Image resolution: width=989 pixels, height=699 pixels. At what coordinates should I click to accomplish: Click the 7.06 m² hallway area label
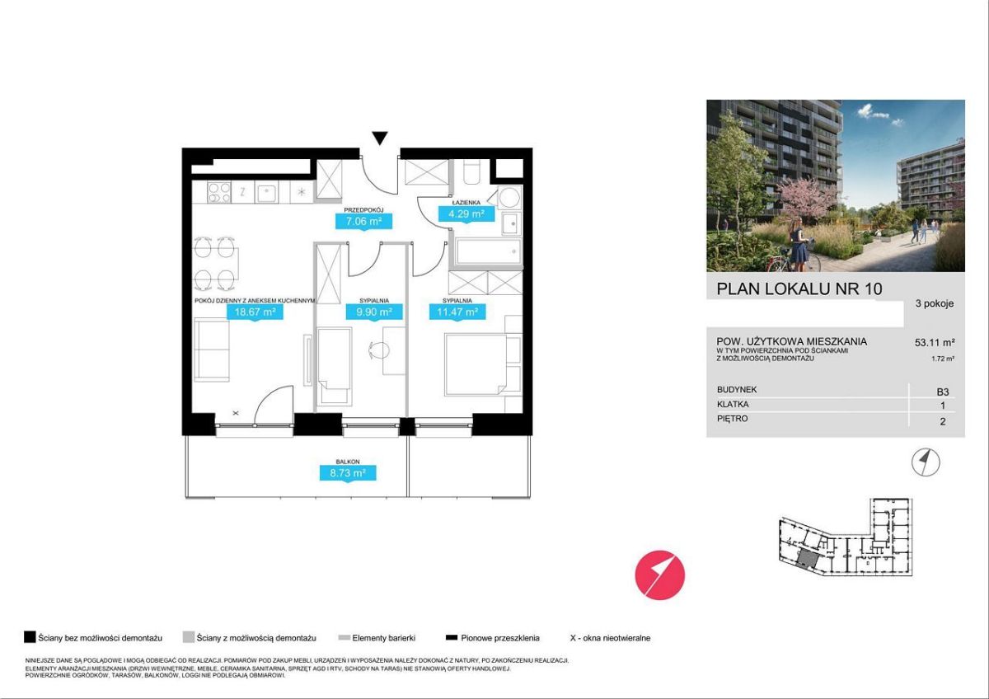tap(363, 221)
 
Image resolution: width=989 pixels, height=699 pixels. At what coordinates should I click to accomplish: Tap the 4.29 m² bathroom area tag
tap(466, 214)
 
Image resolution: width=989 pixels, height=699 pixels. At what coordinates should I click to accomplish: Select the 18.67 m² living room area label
tap(255, 312)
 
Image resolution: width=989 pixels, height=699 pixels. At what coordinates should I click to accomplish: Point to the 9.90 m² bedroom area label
tap(374, 312)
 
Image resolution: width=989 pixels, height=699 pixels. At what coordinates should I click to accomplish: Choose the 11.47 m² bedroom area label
tap(458, 312)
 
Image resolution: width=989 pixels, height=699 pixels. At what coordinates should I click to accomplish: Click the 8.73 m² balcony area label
tap(348, 473)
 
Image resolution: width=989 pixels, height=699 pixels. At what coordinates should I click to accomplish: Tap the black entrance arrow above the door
tap(380, 138)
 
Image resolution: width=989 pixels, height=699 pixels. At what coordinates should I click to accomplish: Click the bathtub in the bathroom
tap(488, 251)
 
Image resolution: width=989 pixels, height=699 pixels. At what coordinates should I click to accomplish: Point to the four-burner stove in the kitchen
tap(219, 193)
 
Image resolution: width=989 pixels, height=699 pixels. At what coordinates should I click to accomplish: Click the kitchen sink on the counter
tap(267, 193)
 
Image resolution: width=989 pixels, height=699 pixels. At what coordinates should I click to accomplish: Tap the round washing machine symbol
tap(509, 197)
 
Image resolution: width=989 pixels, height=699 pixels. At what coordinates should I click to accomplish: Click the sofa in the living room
tap(212, 349)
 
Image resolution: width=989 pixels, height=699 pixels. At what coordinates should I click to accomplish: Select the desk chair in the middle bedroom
tap(378, 350)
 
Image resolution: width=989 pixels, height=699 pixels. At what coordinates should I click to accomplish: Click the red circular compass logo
tap(659, 575)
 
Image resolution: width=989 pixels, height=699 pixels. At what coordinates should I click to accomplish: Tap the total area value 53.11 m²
tap(935, 342)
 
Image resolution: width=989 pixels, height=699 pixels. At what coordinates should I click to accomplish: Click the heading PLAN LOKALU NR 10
tap(799, 289)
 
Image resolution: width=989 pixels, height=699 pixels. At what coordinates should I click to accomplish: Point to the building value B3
tap(943, 392)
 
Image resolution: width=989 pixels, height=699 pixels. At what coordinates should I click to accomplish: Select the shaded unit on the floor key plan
tap(808, 559)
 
